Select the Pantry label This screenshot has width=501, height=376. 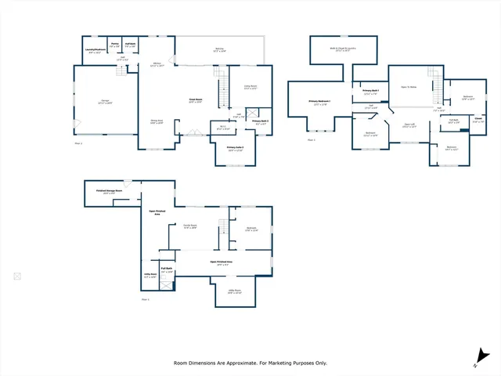click(x=114, y=43)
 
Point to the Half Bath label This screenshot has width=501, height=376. click(x=130, y=43)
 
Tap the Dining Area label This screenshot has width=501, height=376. click(x=157, y=120)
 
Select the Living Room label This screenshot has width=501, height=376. click(x=250, y=86)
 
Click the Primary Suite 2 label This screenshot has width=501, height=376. click(x=235, y=147)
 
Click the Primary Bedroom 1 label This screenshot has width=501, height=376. click(x=319, y=102)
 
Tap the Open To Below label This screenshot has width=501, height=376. click(x=408, y=87)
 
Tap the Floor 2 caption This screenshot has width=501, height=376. click(x=312, y=140)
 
